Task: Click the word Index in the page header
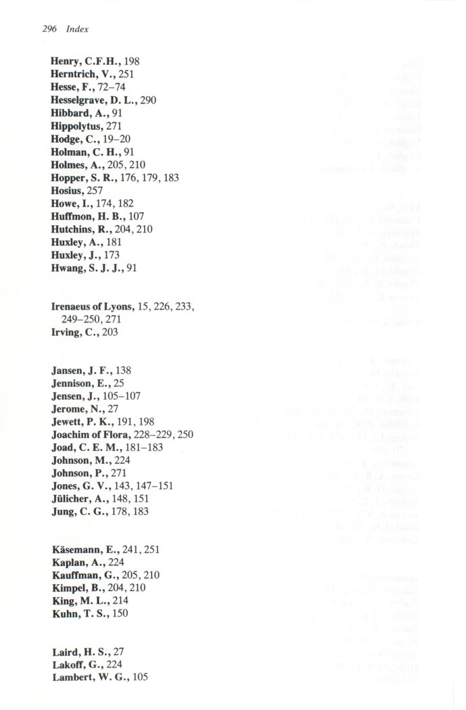pyautogui.click(x=77, y=29)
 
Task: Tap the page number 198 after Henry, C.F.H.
pyautogui.click(x=131, y=62)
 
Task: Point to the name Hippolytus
pyautogui.click(x=74, y=126)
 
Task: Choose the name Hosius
pyautogui.click(x=66, y=191)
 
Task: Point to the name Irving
pyautogui.click(x=67, y=333)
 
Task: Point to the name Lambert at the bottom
pyautogui.click(x=72, y=678)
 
